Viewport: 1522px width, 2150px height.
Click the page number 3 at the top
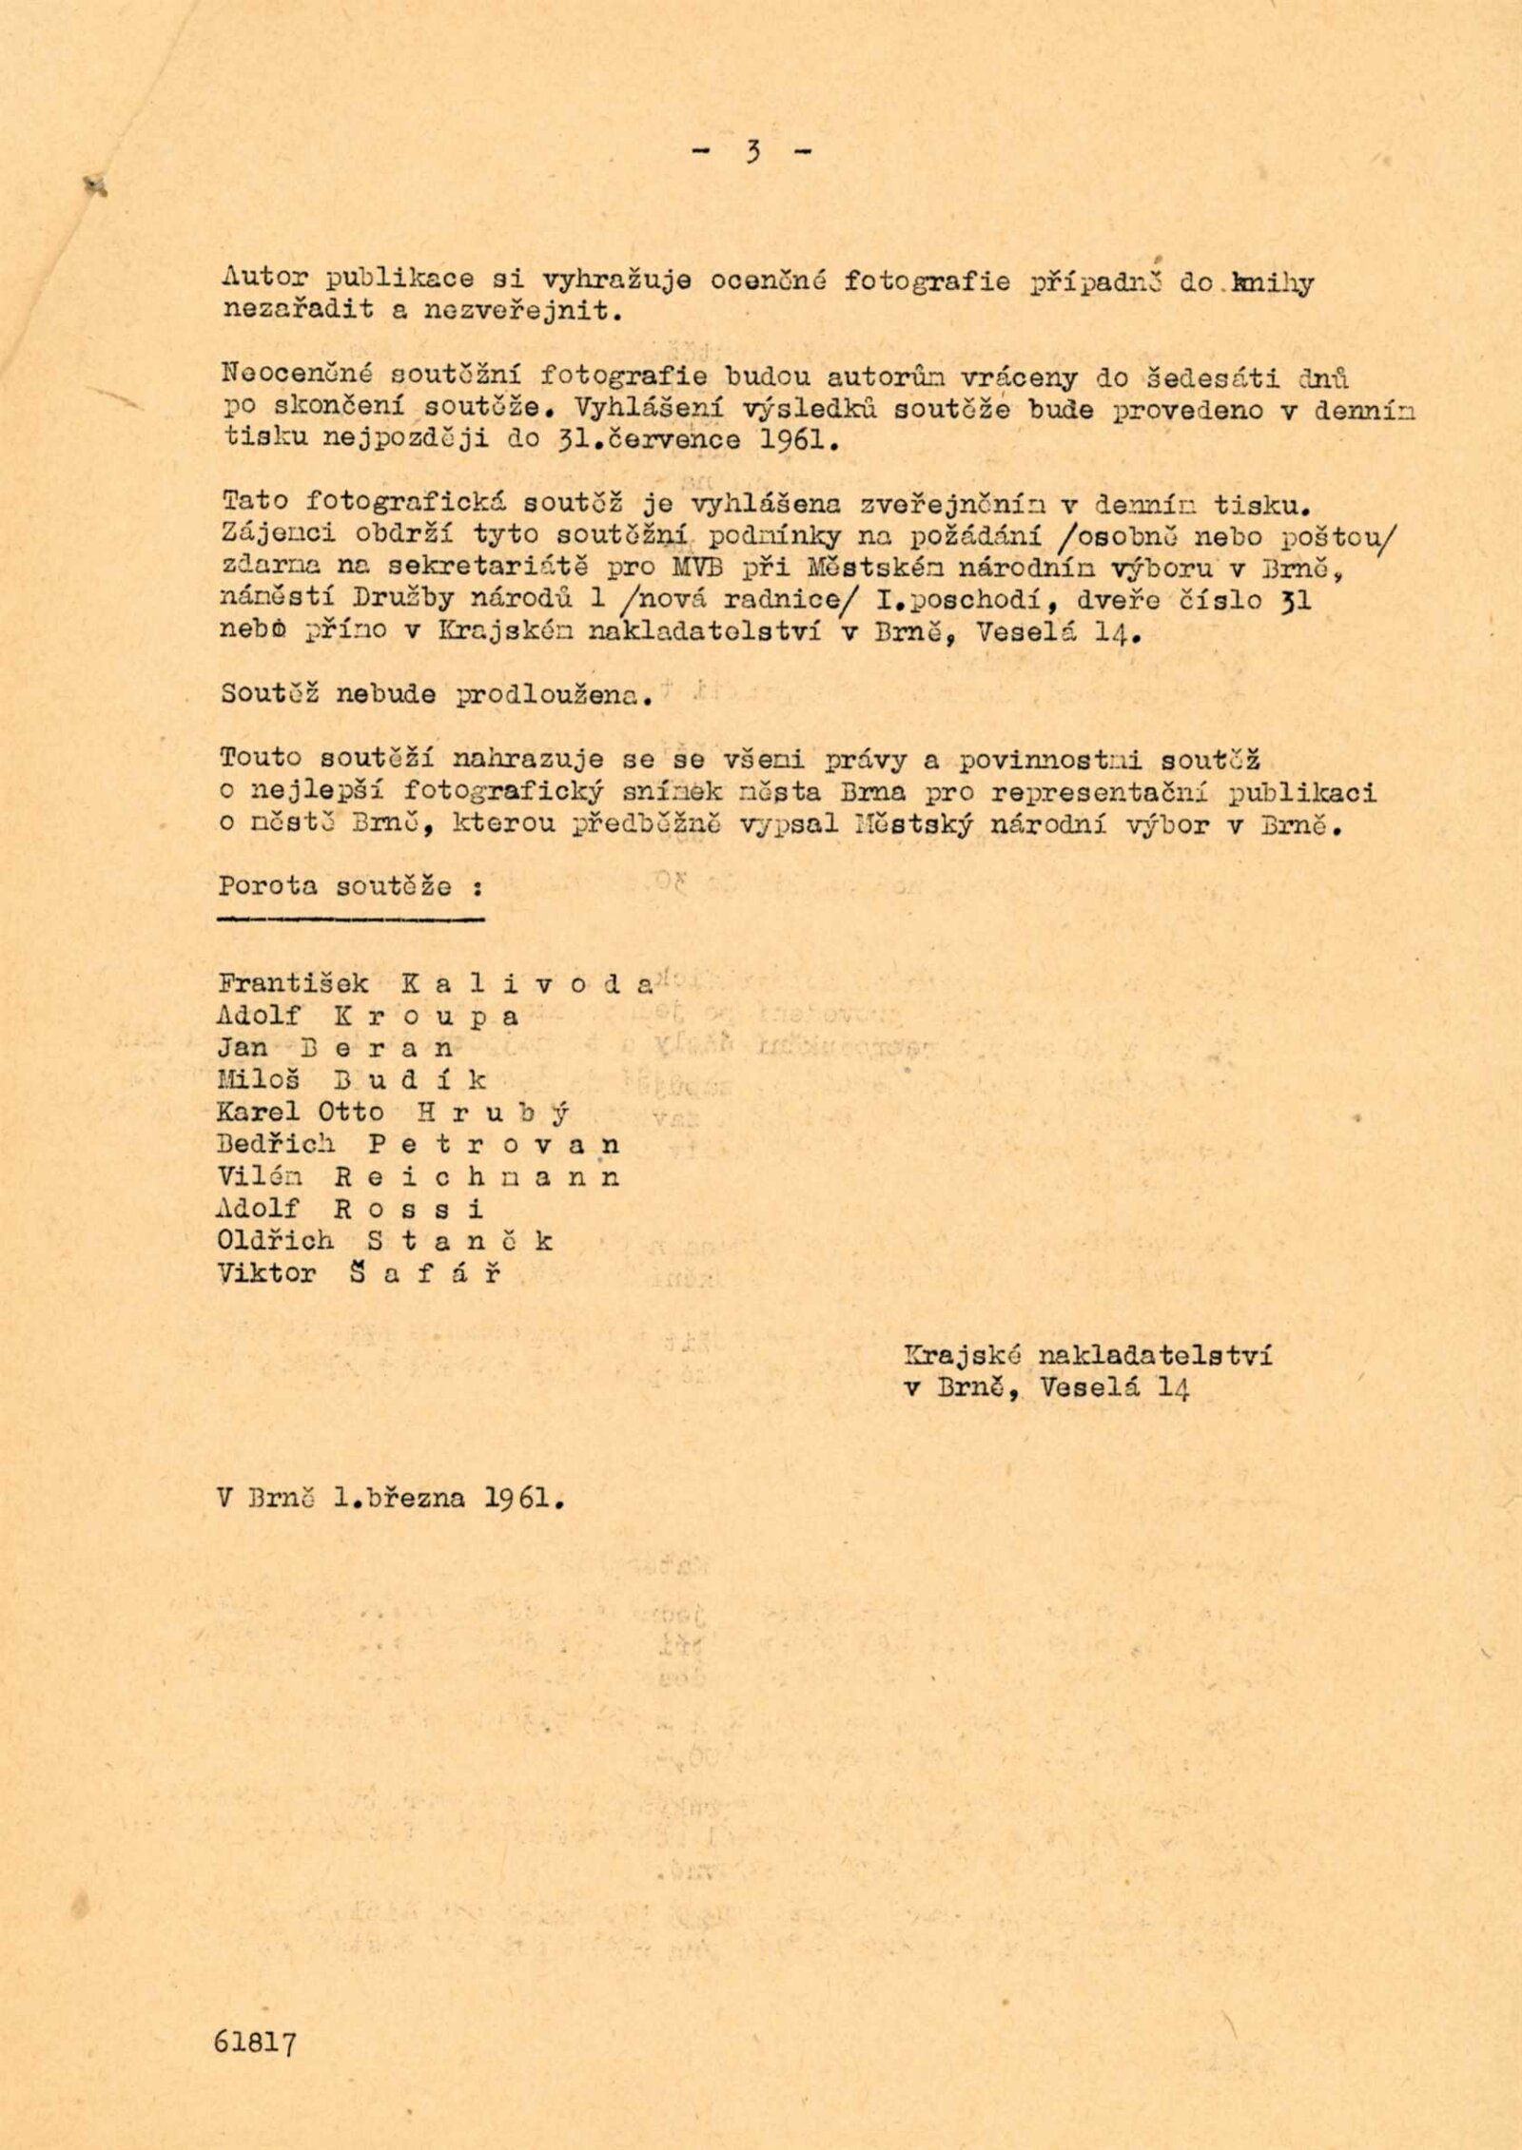click(x=751, y=153)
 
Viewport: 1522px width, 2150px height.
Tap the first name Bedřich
click(x=278, y=1145)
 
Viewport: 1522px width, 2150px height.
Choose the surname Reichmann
click(x=477, y=1177)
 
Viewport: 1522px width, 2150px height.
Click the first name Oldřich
click(x=276, y=1241)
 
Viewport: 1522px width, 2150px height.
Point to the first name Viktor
click(x=266, y=1273)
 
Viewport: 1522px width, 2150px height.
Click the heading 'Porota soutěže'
click(x=348, y=886)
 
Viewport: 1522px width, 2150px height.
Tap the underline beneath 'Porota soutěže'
click(x=351, y=919)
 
